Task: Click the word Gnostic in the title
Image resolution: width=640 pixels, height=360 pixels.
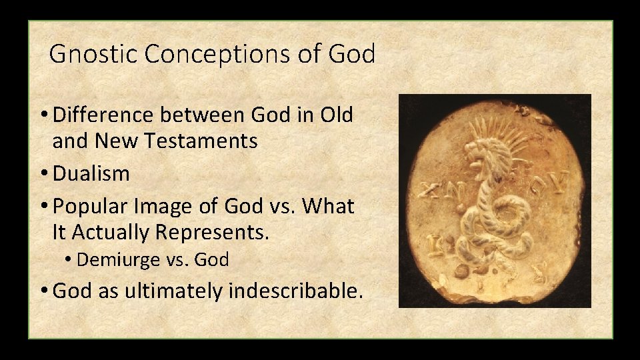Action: click(x=94, y=54)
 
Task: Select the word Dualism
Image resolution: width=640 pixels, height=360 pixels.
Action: click(x=91, y=173)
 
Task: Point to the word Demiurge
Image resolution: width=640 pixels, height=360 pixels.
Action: click(x=119, y=260)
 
